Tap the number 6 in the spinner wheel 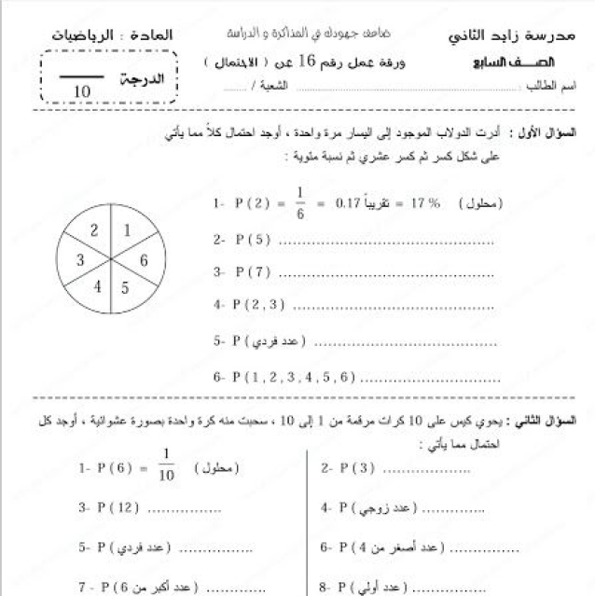tap(144, 260)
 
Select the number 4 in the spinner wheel tap(97, 286)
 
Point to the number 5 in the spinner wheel tap(125, 288)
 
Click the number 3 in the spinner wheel tap(80, 259)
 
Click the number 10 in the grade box tap(81, 91)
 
